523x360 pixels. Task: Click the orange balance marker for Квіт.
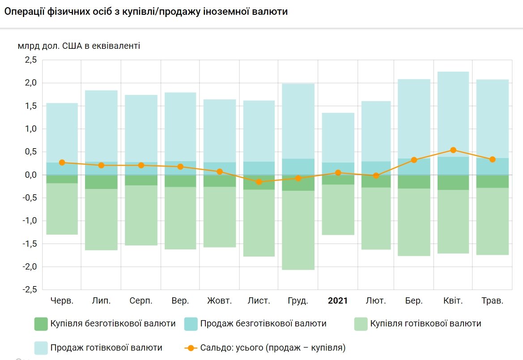tap(453, 150)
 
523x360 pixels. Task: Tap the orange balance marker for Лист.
tap(259, 182)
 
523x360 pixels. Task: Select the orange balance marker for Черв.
tap(62, 163)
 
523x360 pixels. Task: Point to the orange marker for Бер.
tap(414, 160)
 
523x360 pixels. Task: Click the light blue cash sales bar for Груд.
tap(298, 121)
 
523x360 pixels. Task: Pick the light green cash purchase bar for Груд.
tap(298, 230)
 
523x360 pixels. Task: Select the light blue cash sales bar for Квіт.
tap(453, 114)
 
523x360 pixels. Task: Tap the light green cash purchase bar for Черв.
tap(62, 209)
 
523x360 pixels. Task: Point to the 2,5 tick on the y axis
tap(30, 60)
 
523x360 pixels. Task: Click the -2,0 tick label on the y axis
tap(29, 267)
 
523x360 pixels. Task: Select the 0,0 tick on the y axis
tap(30, 175)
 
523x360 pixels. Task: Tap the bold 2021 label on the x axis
tap(338, 301)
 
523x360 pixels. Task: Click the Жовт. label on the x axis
tap(219, 301)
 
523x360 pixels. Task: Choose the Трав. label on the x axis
tap(493, 301)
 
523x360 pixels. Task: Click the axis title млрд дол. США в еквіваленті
tap(79, 46)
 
